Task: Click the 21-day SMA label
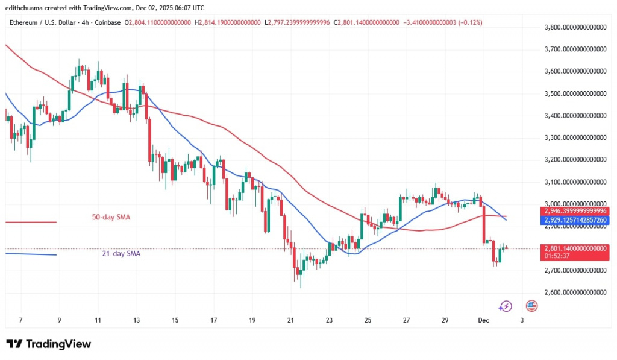[121, 254]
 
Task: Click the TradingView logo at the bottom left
[49, 344]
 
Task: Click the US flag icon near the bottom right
[531, 306]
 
